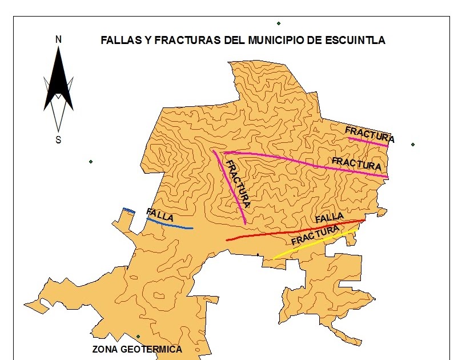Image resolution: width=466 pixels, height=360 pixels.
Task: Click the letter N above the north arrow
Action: [x=58, y=39]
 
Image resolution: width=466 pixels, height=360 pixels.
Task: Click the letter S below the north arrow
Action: [x=58, y=140]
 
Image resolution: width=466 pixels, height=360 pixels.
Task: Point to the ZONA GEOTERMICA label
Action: [x=137, y=350]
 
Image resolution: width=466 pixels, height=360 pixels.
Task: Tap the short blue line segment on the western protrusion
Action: [x=129, y=210]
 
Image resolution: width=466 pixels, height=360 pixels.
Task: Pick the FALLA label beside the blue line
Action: [x=160, y=215]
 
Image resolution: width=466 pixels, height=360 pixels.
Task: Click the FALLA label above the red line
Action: [x=330, y=218]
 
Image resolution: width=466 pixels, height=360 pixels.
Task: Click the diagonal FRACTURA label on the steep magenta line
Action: [x=238, y=183]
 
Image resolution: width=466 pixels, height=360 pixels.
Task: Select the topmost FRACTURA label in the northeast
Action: [x=369, y=135]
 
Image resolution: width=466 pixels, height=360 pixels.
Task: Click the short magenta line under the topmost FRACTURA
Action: [x=368, y=141]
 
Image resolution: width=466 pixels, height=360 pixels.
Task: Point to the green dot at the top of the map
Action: [x=279, y=23]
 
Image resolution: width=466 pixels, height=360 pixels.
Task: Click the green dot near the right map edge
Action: [x=413, y=145]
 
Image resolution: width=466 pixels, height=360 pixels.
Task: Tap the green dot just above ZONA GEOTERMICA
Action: [x=138, y=337]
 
